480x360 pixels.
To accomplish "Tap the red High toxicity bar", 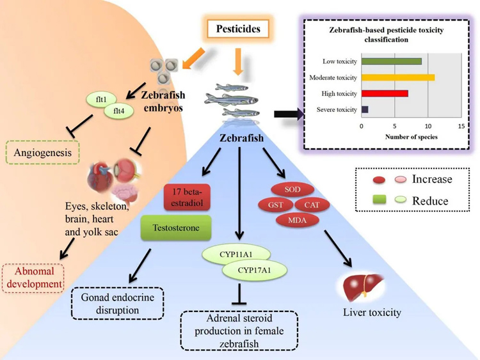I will (x=385, y=93).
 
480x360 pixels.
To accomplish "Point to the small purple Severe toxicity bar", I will (x=365, y=109).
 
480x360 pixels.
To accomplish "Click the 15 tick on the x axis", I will (x=461, y=126).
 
